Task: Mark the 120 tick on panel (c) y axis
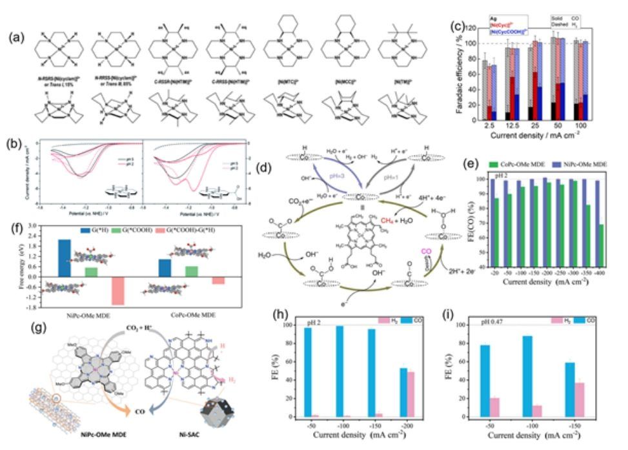[x=475, y=28]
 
